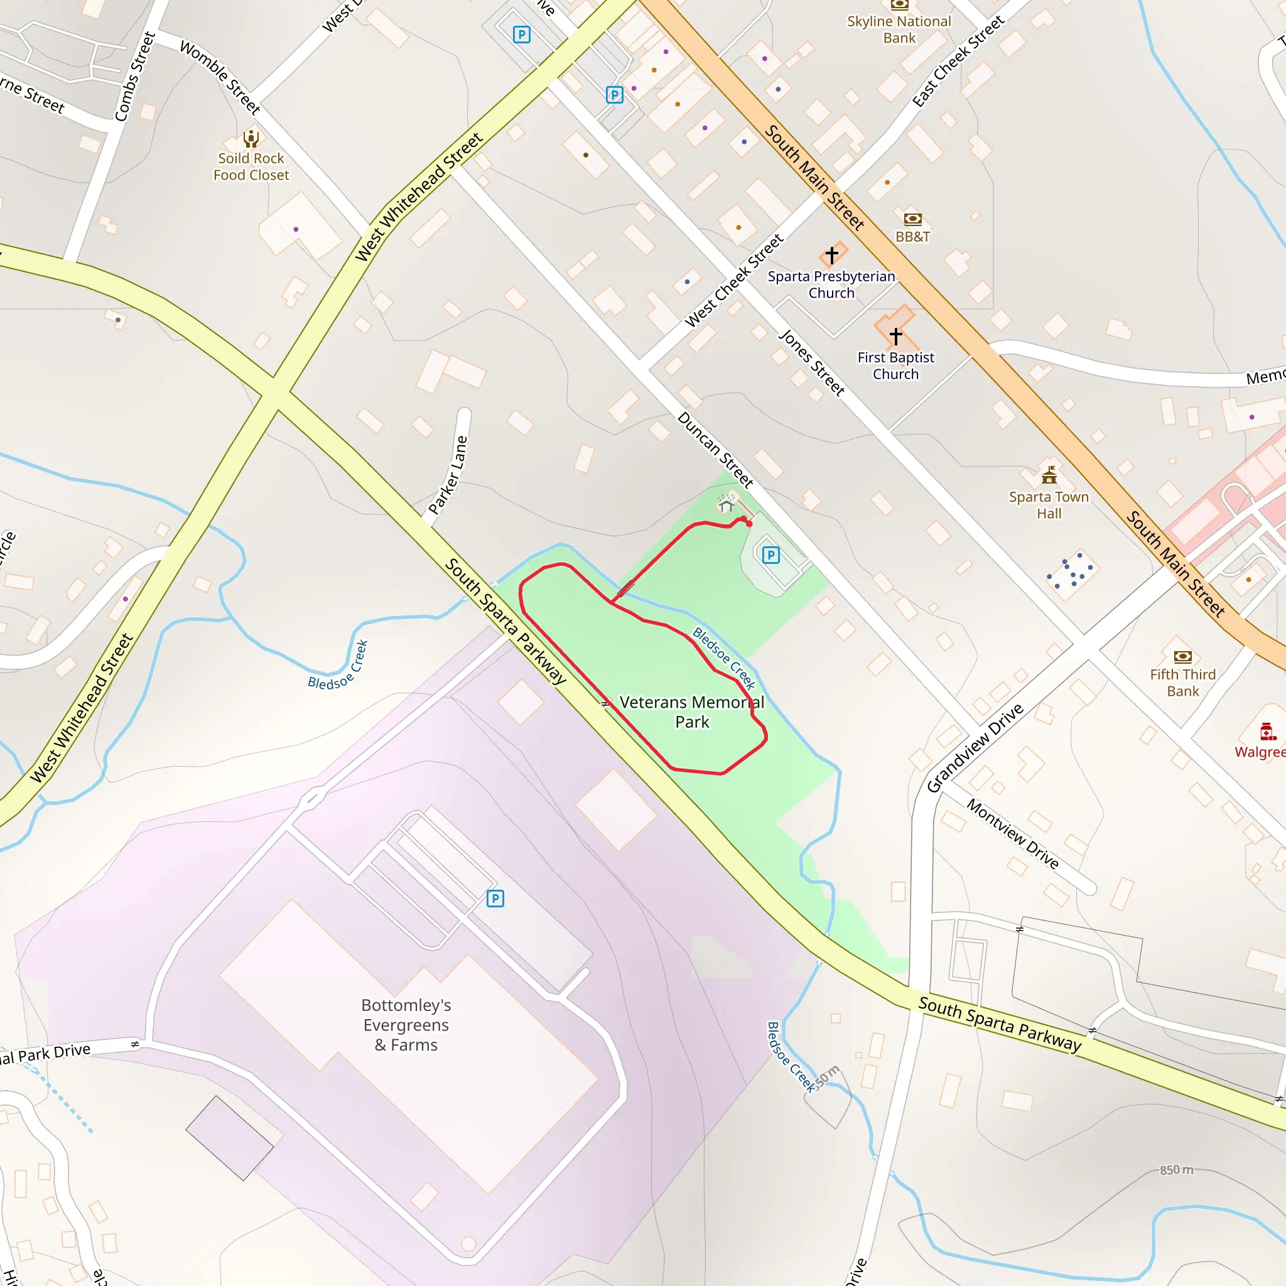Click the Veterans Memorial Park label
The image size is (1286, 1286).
[x=691, y=711]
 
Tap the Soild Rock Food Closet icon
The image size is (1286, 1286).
[x=251, y=138]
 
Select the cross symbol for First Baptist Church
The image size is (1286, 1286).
[x=896, y=336]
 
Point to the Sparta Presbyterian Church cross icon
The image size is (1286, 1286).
[x=831, y=255]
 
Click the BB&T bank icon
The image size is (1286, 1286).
[x=912, y=219]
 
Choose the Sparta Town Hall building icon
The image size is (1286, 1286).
[x=1049, y=475]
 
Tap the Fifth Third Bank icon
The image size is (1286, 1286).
[x=1183, y=657]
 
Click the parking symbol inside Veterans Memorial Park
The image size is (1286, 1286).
[x=771, y=555]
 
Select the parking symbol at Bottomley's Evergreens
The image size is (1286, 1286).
[x=495, y=899]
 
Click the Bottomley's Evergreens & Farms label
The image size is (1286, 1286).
[x=406, y=1024]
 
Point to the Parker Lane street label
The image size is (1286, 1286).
[x=448, y=475]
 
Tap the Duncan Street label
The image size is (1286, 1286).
[x=716, y=450]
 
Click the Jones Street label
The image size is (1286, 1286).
[x=811, y=363]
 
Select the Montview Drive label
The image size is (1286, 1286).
[x=1012, y=834]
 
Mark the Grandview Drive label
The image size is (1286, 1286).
[x=975, y=748]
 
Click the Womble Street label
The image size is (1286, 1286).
[x=220, y=77]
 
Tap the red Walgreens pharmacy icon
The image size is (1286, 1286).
[x=1267, y=732]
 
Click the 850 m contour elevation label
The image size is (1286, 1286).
[x=1176, y=1169]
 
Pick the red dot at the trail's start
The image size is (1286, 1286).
[x=749, y=524]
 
